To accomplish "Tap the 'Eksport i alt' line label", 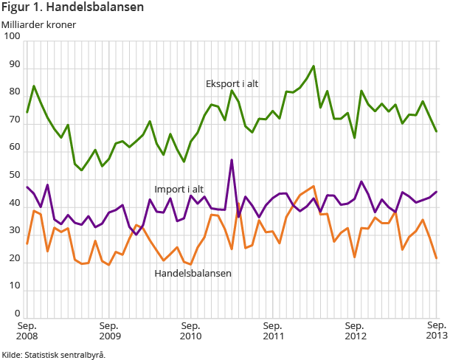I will [232, 84].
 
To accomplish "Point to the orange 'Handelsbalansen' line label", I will [193, 273].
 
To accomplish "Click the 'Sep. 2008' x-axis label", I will [27, 330].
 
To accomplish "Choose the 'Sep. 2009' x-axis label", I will [108, 330].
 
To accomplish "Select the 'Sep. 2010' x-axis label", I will [190, 330].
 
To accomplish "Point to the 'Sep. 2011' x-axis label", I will [272, 330].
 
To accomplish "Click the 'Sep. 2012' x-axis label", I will [355, 330].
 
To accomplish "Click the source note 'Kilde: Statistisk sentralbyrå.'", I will [54, 355].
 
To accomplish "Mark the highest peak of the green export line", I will [314, 66].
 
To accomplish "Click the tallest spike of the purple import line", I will [232, 160].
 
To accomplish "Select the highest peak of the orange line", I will [314, 187].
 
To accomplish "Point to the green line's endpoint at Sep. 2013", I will [437, 131].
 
